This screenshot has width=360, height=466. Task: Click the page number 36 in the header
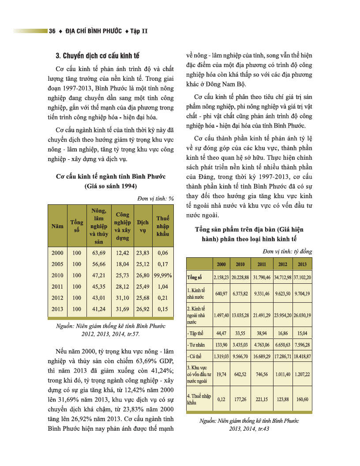(x=52, y=31)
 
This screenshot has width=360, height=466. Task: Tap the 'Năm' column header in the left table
(x=57, y=226)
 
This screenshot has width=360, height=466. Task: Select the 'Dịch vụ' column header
(x=142, y=226)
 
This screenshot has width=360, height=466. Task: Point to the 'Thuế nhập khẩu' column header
(x=163, y=226)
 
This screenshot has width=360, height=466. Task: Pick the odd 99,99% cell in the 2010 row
(x=163, y=275)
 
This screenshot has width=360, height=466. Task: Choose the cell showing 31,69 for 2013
(x=122, y=309)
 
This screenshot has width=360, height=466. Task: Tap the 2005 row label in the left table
(x=57, y=264)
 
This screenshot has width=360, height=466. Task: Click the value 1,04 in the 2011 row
(x=163, y=286)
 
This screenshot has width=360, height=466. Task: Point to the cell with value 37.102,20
(x=302, y=278)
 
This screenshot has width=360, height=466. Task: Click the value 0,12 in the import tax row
(x=221, y=399)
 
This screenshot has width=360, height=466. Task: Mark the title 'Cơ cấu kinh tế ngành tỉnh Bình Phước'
(x=111, y=177)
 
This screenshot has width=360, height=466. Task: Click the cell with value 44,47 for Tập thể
(x=221, y=332)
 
